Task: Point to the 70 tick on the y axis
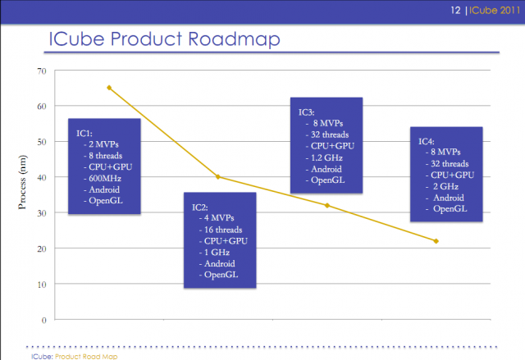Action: [41, 71]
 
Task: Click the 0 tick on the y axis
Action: [43, 320]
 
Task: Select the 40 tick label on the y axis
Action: [41, 177]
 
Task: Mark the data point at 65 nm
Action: [109, 88]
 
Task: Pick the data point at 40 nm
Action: [217, 176]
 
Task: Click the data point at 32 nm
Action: [327, 205]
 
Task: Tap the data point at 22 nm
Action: [436, 241]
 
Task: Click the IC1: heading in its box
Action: [84, 132]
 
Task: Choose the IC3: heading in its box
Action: [308, 111]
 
